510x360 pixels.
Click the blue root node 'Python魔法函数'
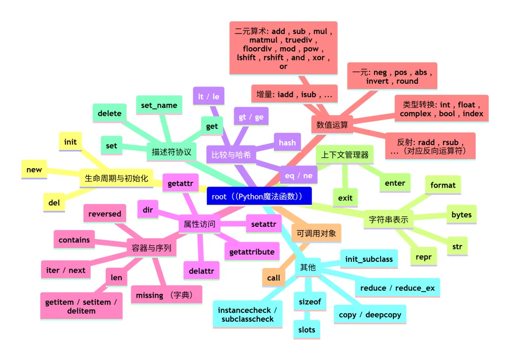259,196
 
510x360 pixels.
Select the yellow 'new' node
34,170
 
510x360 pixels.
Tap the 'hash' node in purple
287,143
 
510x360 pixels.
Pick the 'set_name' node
159,105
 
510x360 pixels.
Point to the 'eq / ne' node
298,175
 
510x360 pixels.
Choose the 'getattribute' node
252,252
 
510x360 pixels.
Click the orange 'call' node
273,278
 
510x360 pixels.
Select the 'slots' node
306,330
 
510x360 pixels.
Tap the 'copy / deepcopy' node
370,315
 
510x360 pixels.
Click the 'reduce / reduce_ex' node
397,288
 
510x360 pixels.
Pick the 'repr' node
424,257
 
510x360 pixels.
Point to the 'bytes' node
461,214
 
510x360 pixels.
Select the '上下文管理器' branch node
345,154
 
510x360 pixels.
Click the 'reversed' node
105,214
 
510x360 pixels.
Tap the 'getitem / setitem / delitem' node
81,307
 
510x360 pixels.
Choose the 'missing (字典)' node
166,295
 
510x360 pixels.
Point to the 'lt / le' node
209,96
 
